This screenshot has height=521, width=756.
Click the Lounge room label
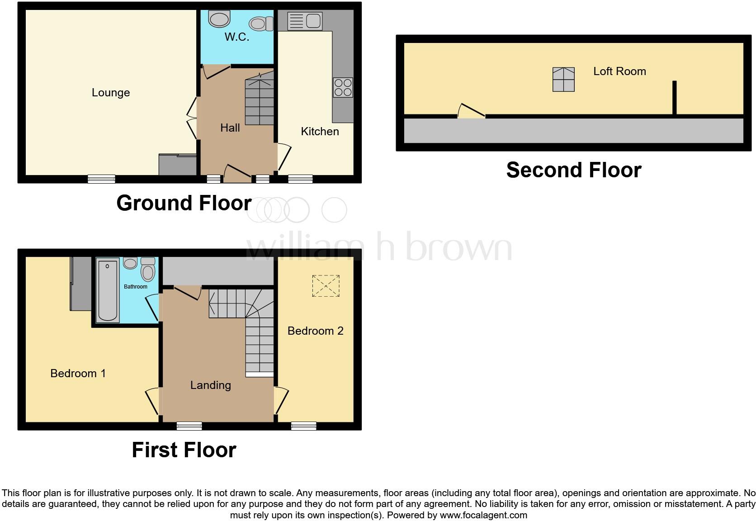[111, 93]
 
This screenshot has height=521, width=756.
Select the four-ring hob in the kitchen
[343, 87]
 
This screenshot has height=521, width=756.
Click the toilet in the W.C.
[261, 24]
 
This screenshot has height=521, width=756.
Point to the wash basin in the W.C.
[220, 19]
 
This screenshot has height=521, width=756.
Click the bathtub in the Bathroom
[108, 289]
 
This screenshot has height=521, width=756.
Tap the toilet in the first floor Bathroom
[148, 270]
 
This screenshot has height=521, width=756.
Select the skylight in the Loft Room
[563, 80]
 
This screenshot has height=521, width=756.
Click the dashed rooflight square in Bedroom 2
[326, 286]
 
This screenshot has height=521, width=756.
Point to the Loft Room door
[471, 111]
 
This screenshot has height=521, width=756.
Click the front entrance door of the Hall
[238, 174]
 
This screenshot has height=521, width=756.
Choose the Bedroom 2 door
[281, 401]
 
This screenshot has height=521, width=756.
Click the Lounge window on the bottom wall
[101, 179]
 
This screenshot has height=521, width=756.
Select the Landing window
[189, 426]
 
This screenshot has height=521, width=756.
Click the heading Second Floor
[573, 170]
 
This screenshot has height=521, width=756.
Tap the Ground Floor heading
[184, 203]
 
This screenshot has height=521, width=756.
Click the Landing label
[210, 385]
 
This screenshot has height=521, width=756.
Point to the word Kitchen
[320, 132]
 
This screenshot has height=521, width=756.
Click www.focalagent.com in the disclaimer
[483, 515]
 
